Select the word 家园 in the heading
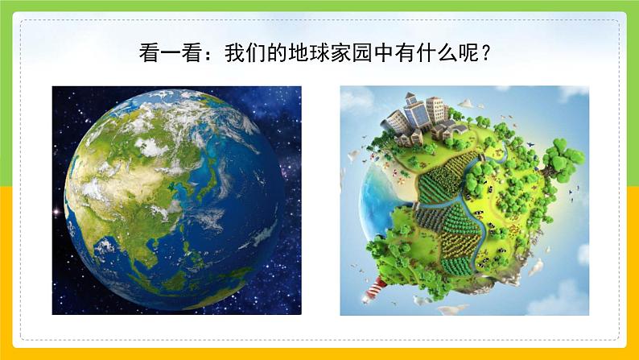[361, 54]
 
